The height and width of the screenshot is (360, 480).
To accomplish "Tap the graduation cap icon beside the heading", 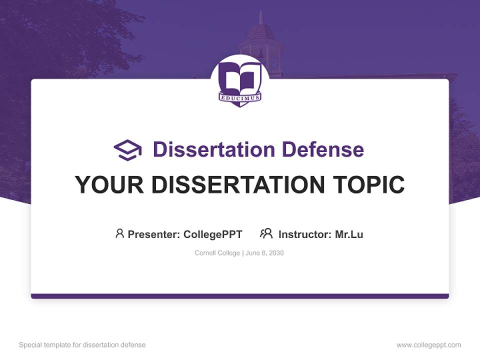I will pyautogui.click(x=127, y=149).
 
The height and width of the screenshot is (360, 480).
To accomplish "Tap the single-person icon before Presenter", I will pyautogui.click(x=119, y=233).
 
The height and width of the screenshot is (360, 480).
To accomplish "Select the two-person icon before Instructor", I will pyautogui.click(x=266, y=233).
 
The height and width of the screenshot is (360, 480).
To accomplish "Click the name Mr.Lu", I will pyautogui.click(x=349, y=234).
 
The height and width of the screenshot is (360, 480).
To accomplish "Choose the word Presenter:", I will pyautogui.click(x=154, y=234).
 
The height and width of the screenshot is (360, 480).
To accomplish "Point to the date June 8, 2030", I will pyautogui.click(x=264, y=253).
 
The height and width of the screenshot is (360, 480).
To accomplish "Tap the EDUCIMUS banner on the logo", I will pyautogui.click(x=240, y=98).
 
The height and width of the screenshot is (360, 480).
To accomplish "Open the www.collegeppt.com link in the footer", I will pyautogui.click(x=428, y=345).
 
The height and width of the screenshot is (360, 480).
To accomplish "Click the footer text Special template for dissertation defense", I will pyautogui.click(x=82, y=345).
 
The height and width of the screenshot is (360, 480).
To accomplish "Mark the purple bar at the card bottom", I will pyautogui.click(x=240, y=296).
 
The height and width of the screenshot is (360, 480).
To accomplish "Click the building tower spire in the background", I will pyautogui.click(x=260, y=19).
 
